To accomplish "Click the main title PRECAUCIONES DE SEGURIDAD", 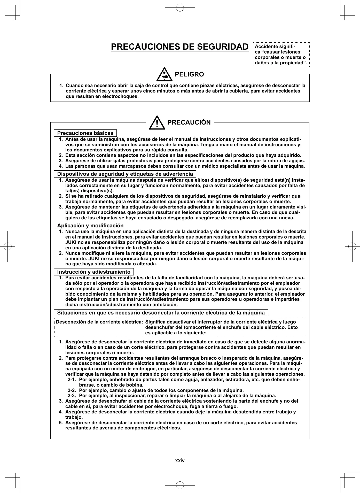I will coord(180,47).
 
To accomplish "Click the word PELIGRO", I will coord(189,74).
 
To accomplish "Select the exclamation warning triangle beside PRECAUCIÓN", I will coord(157,123).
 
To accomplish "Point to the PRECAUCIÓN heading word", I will coord(189,122).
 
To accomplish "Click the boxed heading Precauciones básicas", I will coord(85,133).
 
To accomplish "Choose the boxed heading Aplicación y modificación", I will coord(90,226).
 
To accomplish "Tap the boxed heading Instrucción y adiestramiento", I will coord(94,272).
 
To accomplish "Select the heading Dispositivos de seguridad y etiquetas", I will coord(125,174).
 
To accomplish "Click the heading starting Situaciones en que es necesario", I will coord(161,313).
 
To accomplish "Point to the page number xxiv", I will coord(180,460).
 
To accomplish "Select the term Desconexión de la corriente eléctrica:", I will coord(99,322).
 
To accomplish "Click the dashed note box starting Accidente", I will coord(281,55).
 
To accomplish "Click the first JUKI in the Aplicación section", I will coord(71,242).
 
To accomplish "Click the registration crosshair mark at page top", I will coord(180,8).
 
